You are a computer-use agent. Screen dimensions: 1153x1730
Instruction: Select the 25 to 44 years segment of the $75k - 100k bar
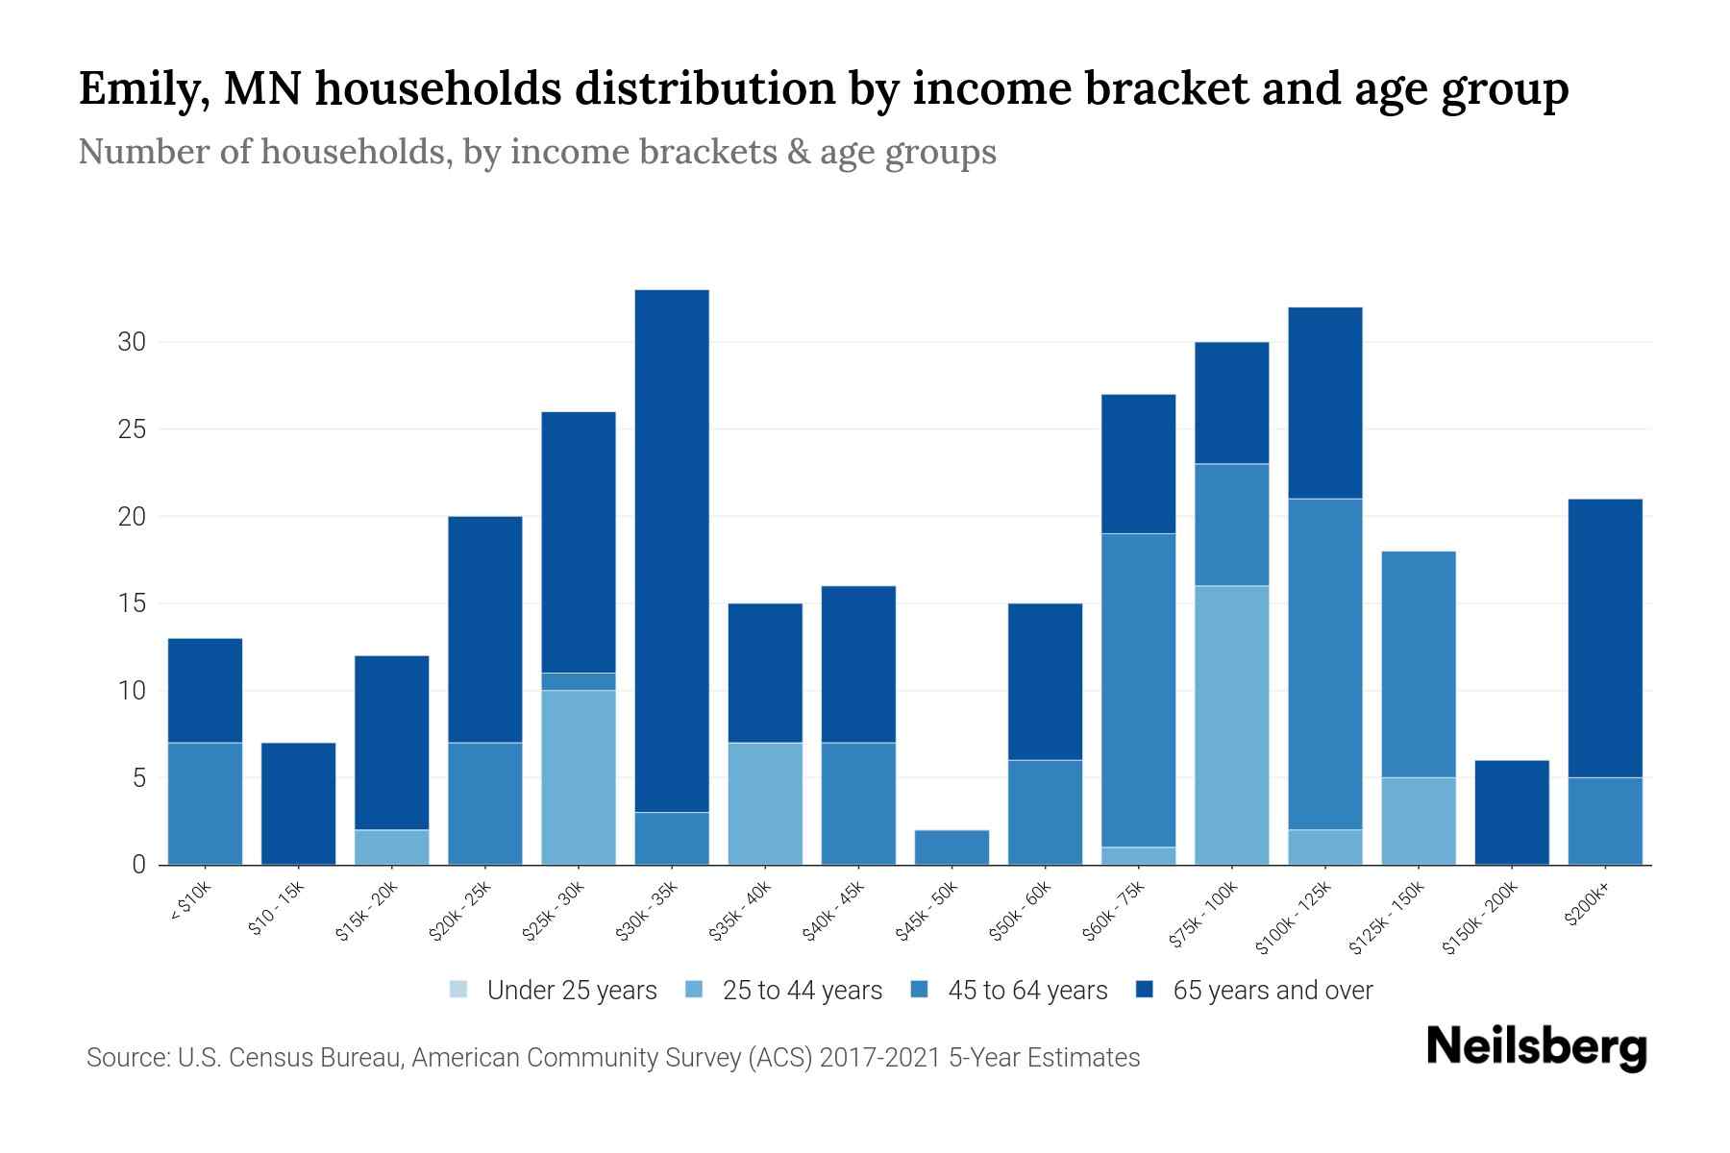(x=1231, y=724)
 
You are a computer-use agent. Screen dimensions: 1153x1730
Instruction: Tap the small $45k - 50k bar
(x=951, y=846)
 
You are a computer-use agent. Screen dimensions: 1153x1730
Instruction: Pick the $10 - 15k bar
(x=298, y=803)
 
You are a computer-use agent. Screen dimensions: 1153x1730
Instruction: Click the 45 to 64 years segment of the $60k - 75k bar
(x=1138, y=690)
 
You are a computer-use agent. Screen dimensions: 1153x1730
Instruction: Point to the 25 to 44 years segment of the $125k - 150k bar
(x=1418, y=821)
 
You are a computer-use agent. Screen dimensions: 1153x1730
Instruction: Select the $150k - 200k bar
(x=1511, y=812)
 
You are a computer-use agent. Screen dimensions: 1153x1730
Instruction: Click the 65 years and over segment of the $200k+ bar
(x=1604, y=638)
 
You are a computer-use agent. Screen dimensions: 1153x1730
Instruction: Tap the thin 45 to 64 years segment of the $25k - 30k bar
(x=579, y=681)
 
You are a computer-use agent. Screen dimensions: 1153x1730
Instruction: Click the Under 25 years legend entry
(x=554, y=991)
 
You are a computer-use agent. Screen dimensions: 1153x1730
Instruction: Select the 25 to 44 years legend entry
(x=784, y=991)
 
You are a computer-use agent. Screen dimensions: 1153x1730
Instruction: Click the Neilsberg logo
(x=1536, y=1047)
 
